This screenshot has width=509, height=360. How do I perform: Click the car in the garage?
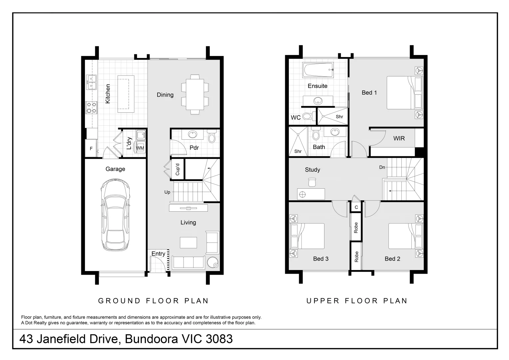click(x=116, y=215)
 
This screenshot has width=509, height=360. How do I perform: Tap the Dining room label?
click(x=165, y=95)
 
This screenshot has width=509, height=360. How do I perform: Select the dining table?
click(x=195, y=94)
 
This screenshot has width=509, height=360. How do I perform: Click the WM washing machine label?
click(x=140, y=148)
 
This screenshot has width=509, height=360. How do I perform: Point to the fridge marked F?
click(x=91, y=149)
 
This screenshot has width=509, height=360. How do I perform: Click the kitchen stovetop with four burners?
click(x=91, y=108)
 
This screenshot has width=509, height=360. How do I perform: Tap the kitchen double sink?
click(x=91, y=82)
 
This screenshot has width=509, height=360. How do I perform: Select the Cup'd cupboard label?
click(x=178, y=169)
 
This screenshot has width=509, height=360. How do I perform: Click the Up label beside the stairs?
click(x=167, y=192)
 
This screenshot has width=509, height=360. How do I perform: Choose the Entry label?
click(x=158, y=254)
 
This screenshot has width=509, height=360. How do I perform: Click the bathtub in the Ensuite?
click(x=318, y=70)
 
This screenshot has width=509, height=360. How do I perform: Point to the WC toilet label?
click(x=295, y=118)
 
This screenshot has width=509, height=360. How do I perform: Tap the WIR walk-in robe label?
click(x=399, y=138)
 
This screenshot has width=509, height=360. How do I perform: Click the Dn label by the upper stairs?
click(x=382, y=167)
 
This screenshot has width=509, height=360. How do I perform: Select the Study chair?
click(x=312, y=182)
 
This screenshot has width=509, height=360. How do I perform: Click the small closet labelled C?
click(x=356, y=207)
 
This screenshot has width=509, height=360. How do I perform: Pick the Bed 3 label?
click(x=321, y=259)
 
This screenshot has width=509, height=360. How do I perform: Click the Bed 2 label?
click(x=392, y=259)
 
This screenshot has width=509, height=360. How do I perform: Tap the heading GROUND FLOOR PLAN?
click(x=153, y=301)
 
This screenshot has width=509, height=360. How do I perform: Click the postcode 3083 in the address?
click(x=219, y=339)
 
